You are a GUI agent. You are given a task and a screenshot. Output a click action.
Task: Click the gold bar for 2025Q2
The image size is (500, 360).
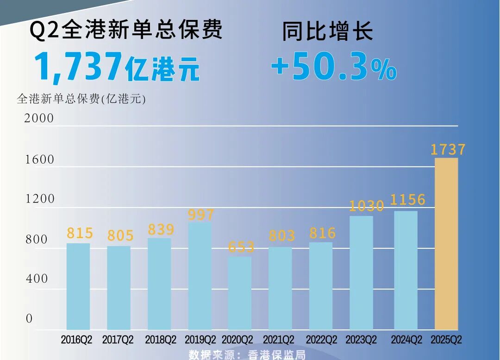coord(446,244)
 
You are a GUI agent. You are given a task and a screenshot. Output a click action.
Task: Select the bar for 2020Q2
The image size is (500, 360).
coord(240,293)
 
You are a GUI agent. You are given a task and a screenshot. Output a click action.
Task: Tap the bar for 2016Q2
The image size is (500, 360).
coord(78,286)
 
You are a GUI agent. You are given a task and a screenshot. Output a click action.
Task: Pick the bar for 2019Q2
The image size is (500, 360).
coord(200,276)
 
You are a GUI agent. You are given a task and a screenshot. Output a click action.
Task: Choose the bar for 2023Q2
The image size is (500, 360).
coord(361,273)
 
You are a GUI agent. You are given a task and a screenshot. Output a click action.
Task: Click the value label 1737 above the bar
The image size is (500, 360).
coord(448,150)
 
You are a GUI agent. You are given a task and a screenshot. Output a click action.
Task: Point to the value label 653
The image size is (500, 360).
coord(241,247)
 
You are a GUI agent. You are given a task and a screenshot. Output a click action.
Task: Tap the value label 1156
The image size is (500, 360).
coord(407,200)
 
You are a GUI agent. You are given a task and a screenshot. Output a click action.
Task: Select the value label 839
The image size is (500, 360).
coord(161,230)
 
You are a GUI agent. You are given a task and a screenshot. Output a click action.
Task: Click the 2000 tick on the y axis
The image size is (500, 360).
coord(39,119)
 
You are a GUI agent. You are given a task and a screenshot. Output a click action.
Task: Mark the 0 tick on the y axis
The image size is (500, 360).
coord(29,319)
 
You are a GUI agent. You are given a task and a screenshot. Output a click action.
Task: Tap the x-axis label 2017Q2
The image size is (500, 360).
coord(118,340)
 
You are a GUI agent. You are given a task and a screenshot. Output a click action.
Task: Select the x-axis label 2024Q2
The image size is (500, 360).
coord(406,340)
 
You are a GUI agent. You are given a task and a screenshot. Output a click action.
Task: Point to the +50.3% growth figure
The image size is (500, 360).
coord(333,68)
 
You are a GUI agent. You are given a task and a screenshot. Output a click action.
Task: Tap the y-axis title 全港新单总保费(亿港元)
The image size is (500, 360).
coord(81,99)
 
